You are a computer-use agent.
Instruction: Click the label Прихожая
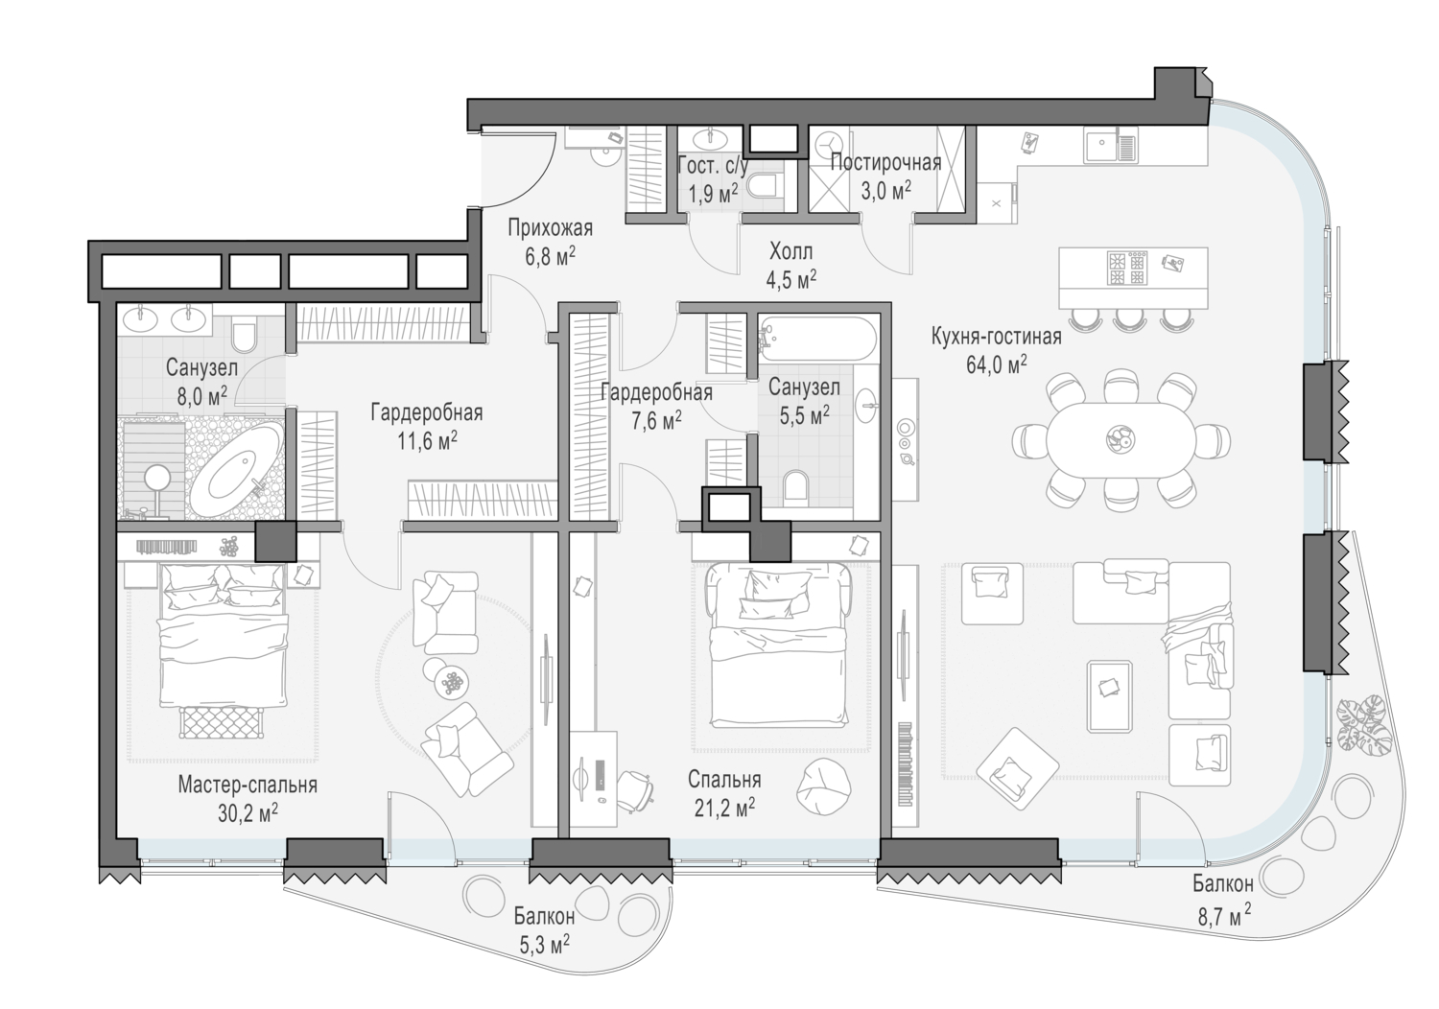point(550,228)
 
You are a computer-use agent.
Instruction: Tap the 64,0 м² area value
point(997,364)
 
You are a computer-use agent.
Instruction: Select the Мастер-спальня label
point(248,785)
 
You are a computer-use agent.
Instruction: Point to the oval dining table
point(1121,439)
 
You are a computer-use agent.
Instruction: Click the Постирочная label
point(885,162)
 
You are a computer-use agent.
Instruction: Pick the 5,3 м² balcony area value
point(544,944)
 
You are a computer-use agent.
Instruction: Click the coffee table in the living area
point(1109,696)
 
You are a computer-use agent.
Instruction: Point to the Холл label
point(790,251)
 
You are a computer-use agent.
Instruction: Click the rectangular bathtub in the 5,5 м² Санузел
point(816,338)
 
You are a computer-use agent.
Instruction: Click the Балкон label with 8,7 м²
point(1223,883)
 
